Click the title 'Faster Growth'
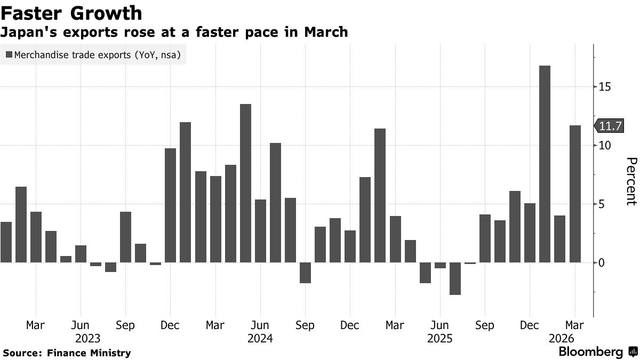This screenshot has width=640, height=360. click(x=72, y=13)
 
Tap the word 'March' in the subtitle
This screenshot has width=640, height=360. click(x=326, y=32)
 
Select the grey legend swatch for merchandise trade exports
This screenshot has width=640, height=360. click(x=9, y=54)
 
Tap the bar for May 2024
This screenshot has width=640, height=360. click(x=245, y=183)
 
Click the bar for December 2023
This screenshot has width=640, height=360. click(x=170, y=205)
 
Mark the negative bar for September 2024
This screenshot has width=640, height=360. click(x=305, y=273)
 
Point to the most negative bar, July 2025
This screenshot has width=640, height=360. click(x=454, y=278)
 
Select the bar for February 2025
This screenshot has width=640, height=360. click(x=380, y=195)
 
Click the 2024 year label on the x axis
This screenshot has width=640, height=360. click(x=260, y=339)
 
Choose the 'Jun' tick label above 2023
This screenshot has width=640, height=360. click(x=81, y=325)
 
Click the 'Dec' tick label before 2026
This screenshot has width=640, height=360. click(x=529, y=325)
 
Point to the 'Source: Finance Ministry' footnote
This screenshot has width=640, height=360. click(x=67, y=353)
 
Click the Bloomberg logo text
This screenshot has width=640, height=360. click(x=590, y=352)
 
